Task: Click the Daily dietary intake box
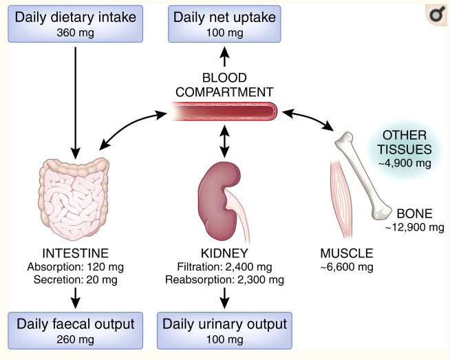tap(75, 24)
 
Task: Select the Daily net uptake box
tap(224, 24)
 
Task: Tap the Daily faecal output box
tap(75, 330)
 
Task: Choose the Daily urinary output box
tap(224, 330)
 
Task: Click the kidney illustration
tap(219, 201)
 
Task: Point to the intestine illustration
tap(74, 199)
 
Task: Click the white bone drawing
tap(363, 176)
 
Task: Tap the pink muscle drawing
tap(341, 200)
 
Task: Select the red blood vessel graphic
tap(224, 111)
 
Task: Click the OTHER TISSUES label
tap(405, 142)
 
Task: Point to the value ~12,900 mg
tap(414, 227)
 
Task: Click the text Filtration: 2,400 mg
tap(224, 267)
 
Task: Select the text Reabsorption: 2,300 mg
tap(224, 279)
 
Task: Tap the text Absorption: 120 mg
tap(76, 267)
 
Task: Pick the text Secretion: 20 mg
tap(76, 279)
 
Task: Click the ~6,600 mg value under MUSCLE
tap(347, 267)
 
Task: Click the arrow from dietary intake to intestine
tap(76, 103)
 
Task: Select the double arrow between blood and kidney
tap(224, 141)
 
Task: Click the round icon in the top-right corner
tap(436, 15)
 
